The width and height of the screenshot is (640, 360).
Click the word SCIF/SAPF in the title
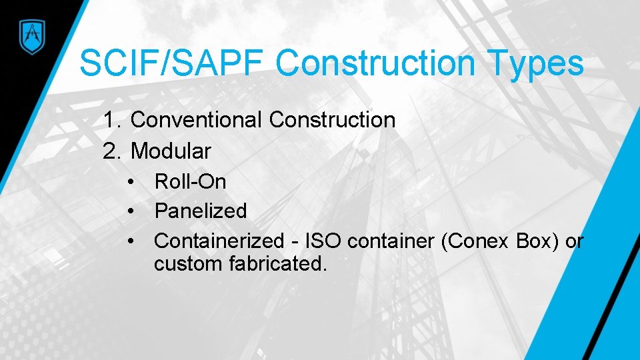171,64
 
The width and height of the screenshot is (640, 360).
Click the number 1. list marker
113,121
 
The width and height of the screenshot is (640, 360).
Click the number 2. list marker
113,151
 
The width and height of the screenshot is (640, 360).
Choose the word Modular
171,151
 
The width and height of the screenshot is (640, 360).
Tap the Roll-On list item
190,181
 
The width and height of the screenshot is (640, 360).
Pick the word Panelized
201,211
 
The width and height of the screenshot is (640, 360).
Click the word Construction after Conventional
332,121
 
